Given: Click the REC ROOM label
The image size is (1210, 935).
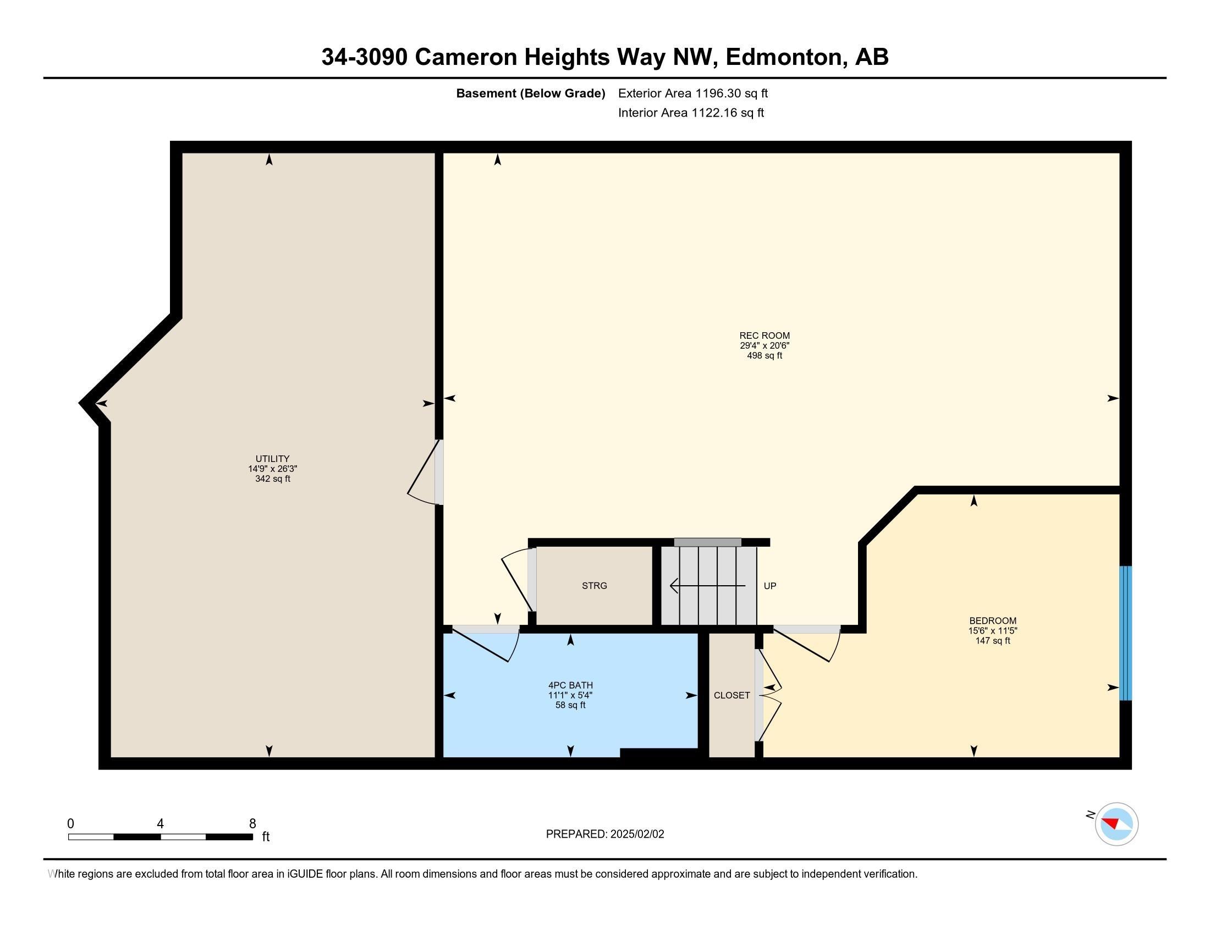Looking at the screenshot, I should [764, 335].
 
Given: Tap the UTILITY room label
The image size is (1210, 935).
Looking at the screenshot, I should [272, 459].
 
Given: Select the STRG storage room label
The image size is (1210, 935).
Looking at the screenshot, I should [594, 586].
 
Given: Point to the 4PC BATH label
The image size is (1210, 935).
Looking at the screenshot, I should [570, 685].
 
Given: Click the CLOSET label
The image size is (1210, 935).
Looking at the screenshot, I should [732, 695].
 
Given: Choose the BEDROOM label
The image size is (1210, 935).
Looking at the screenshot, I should [992, 621].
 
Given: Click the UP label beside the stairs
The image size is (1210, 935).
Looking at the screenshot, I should [769, 586].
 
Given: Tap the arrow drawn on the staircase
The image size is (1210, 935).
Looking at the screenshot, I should [707, 586].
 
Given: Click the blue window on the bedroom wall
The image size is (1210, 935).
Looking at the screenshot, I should [1125, 633].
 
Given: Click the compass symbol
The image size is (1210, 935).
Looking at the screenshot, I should [1116, 824].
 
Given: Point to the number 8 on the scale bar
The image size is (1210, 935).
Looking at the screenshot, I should [252, 824].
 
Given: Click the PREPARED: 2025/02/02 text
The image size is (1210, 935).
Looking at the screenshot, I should [604, 834].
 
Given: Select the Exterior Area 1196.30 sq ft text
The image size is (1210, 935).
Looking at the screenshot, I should [692, 93].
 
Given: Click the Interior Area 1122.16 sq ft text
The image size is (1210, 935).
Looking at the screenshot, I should [691, 113].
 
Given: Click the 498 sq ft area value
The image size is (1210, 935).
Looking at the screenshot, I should [764, 356].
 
